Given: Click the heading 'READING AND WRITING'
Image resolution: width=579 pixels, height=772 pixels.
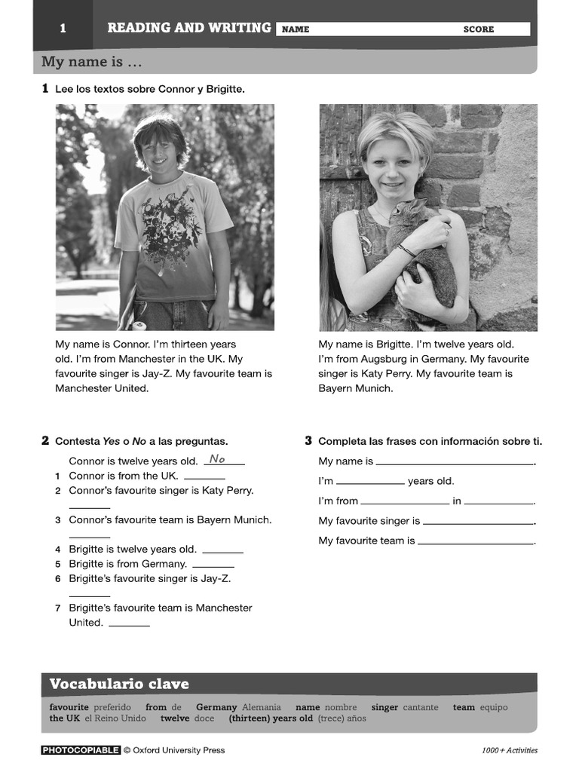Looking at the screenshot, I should (188, 28).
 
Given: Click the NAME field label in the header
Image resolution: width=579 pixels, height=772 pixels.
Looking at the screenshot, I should (295, 29).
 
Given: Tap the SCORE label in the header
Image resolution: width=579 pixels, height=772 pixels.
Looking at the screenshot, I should (479, 29).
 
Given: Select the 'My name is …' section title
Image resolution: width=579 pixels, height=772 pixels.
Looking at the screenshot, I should (92, 62).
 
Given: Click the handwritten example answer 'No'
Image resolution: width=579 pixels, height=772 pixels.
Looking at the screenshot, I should (217, 459).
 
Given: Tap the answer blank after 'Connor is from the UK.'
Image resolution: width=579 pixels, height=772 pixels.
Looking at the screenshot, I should (204, 477).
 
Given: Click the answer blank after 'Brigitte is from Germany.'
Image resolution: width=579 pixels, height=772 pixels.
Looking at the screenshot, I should (213, 565).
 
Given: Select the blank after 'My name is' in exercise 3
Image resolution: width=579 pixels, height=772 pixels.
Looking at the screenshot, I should (454, 463).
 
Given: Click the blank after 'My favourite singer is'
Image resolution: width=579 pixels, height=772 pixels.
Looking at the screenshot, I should (478, 522).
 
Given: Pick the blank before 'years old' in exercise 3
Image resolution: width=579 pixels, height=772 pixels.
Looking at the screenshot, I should (370, 482).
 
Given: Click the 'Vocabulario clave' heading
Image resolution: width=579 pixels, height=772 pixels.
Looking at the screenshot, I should (119, 684).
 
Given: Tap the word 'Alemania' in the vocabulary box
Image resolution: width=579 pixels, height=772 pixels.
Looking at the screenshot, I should (261, 707).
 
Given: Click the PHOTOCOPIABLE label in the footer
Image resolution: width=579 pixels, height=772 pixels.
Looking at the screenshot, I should (81, 750).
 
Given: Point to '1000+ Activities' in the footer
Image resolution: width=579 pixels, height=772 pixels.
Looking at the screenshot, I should (510, 750).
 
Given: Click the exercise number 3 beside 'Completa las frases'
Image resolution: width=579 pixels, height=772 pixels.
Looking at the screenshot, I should (308, 440).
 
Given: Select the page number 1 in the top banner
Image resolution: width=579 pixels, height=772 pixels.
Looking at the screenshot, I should (63, 29).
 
